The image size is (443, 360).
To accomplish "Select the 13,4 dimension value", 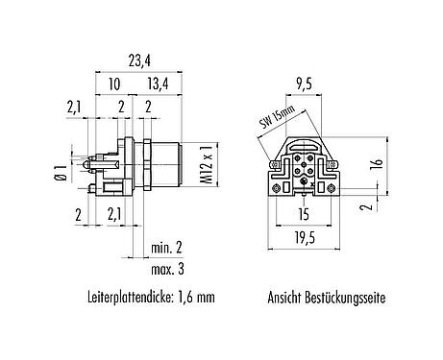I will coord(159,84).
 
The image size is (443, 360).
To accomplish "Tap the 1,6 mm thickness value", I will coord(193,299).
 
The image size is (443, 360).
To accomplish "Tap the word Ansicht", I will coord(288,299).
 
